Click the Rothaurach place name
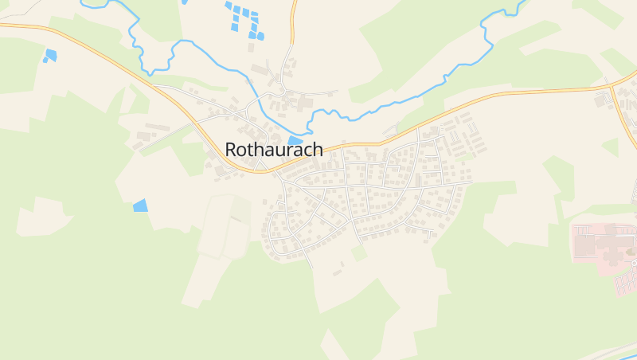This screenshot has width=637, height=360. click(x=273, y=149)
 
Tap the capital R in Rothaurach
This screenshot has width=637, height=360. click(x=231, y=149)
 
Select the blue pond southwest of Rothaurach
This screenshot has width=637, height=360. click(x=140, y=205)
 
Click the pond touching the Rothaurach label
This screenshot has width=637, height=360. click(x=295, y=141)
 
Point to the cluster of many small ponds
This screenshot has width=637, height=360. click(x=245, y=21)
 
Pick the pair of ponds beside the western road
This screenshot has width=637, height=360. click(x=50, y=56)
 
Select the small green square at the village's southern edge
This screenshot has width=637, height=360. click(x=360, y=252)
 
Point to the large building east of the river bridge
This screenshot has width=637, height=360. click(x=305, y=102)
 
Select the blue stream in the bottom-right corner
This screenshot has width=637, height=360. click(x=605, y=350)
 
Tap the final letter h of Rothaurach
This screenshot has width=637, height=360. click(x=317, y=149)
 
